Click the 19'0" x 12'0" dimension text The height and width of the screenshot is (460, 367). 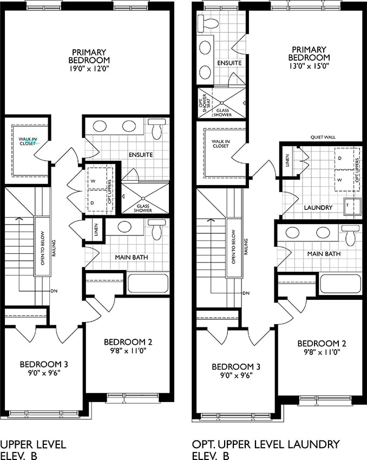[x=89, y=69]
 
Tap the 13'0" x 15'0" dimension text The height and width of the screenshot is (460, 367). [x=309, y=66]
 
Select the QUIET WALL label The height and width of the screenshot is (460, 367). [x=323, y=137]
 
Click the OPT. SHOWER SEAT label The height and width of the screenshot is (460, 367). [x=205, y=103]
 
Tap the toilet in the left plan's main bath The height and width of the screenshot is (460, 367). [x=157, y=229]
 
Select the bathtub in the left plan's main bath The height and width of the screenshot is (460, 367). [x=148, y=284]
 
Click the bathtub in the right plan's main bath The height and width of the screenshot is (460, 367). [x=340, y=284]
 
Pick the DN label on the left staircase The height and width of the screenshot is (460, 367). [x=54, y=291]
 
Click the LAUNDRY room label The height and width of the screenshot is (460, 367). [x=318, y=208]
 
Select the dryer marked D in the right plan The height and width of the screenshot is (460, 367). [x=344, y=159]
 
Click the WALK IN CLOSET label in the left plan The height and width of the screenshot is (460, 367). [x=28, y=141]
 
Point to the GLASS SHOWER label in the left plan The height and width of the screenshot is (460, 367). [x=143, y=208]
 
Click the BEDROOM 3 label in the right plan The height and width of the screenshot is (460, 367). [x=236, y=367]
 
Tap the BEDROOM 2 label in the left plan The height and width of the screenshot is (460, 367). [x=128, y=342]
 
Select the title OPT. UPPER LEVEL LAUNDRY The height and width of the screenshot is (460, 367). [x=265, y=444]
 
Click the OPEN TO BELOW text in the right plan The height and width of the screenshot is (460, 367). [x=233, y=247]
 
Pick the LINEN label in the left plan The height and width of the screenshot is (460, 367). [x=96, y=229]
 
